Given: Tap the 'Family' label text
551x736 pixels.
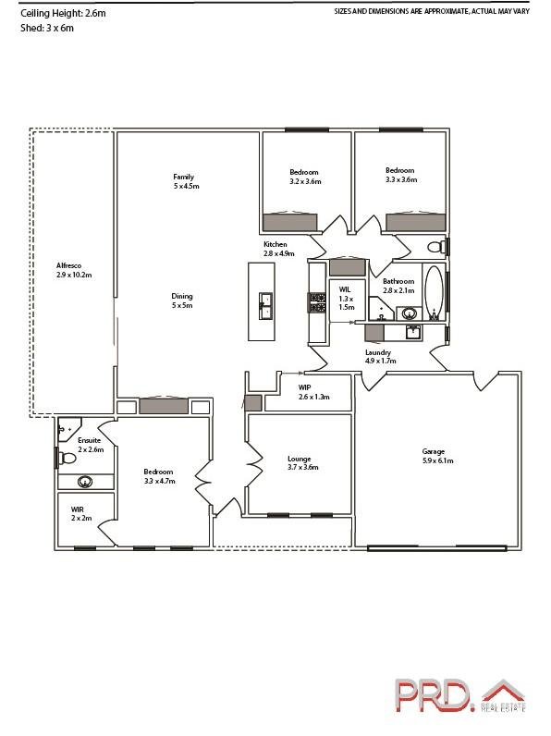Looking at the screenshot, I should coord(183,176).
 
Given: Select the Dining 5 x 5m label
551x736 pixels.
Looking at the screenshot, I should coord(181,301).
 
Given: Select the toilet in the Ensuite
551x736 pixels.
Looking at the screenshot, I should coord(66,458).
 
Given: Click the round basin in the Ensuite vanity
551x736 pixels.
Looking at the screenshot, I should coord(85,481).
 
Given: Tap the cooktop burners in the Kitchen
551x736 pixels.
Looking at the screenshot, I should coord(317,303).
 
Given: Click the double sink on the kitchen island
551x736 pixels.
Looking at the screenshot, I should coord(265,304).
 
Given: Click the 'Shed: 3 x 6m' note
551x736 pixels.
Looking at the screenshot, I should coord(46,29).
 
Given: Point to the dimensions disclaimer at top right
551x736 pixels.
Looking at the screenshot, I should coord(431,11).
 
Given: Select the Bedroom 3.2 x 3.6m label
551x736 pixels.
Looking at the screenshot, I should coord(304,176).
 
